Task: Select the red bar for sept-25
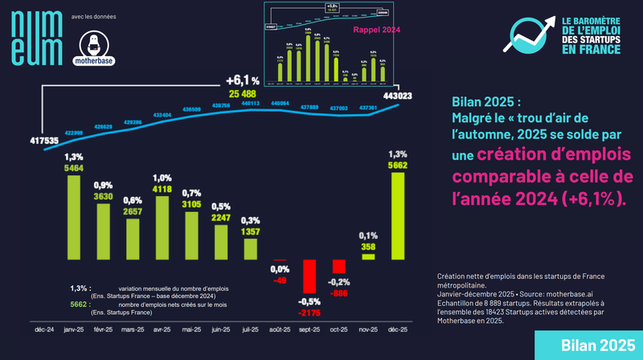point(308,276)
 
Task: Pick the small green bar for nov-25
point(368,256)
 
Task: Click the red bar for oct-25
point(338,266)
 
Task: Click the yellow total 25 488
point(243,95)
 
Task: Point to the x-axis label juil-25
point(251,329)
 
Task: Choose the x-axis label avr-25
point(162,329)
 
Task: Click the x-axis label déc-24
point(43,329)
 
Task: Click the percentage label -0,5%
point(308,301)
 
